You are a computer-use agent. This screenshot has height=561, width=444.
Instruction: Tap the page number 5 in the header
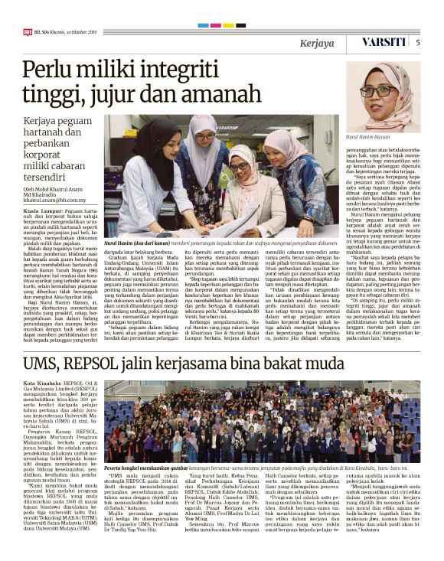418,43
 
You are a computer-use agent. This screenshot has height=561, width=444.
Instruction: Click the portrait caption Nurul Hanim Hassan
380,141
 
